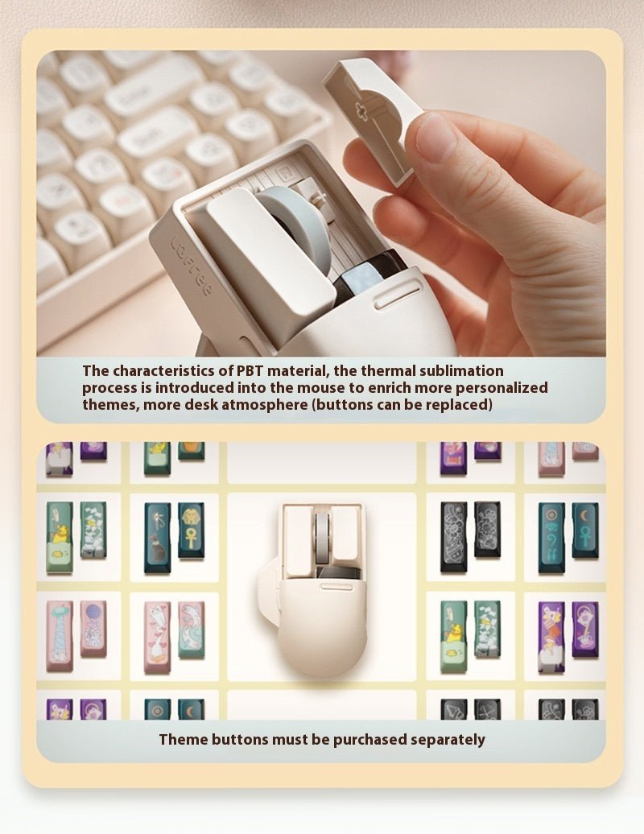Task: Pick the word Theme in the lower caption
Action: pos(180,739)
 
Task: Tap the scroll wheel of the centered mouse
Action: pos(322,535)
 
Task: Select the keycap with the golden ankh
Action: pos(191,531)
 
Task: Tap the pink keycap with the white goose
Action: pos(157,636)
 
